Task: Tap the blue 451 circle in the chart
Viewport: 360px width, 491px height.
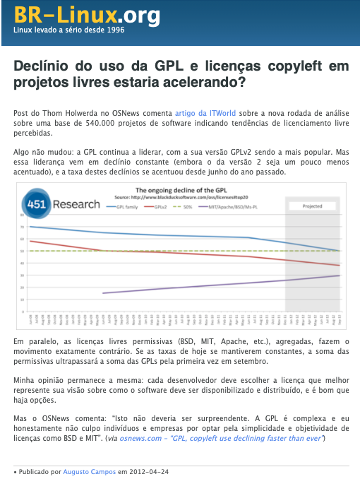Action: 35,206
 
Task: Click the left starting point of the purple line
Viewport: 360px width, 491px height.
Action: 104,293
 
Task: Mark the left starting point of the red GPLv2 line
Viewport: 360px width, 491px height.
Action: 30,241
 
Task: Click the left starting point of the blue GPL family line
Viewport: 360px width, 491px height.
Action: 30,226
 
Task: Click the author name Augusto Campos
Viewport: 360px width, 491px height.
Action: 83,471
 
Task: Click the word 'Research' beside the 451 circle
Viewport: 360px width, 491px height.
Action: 74,206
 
